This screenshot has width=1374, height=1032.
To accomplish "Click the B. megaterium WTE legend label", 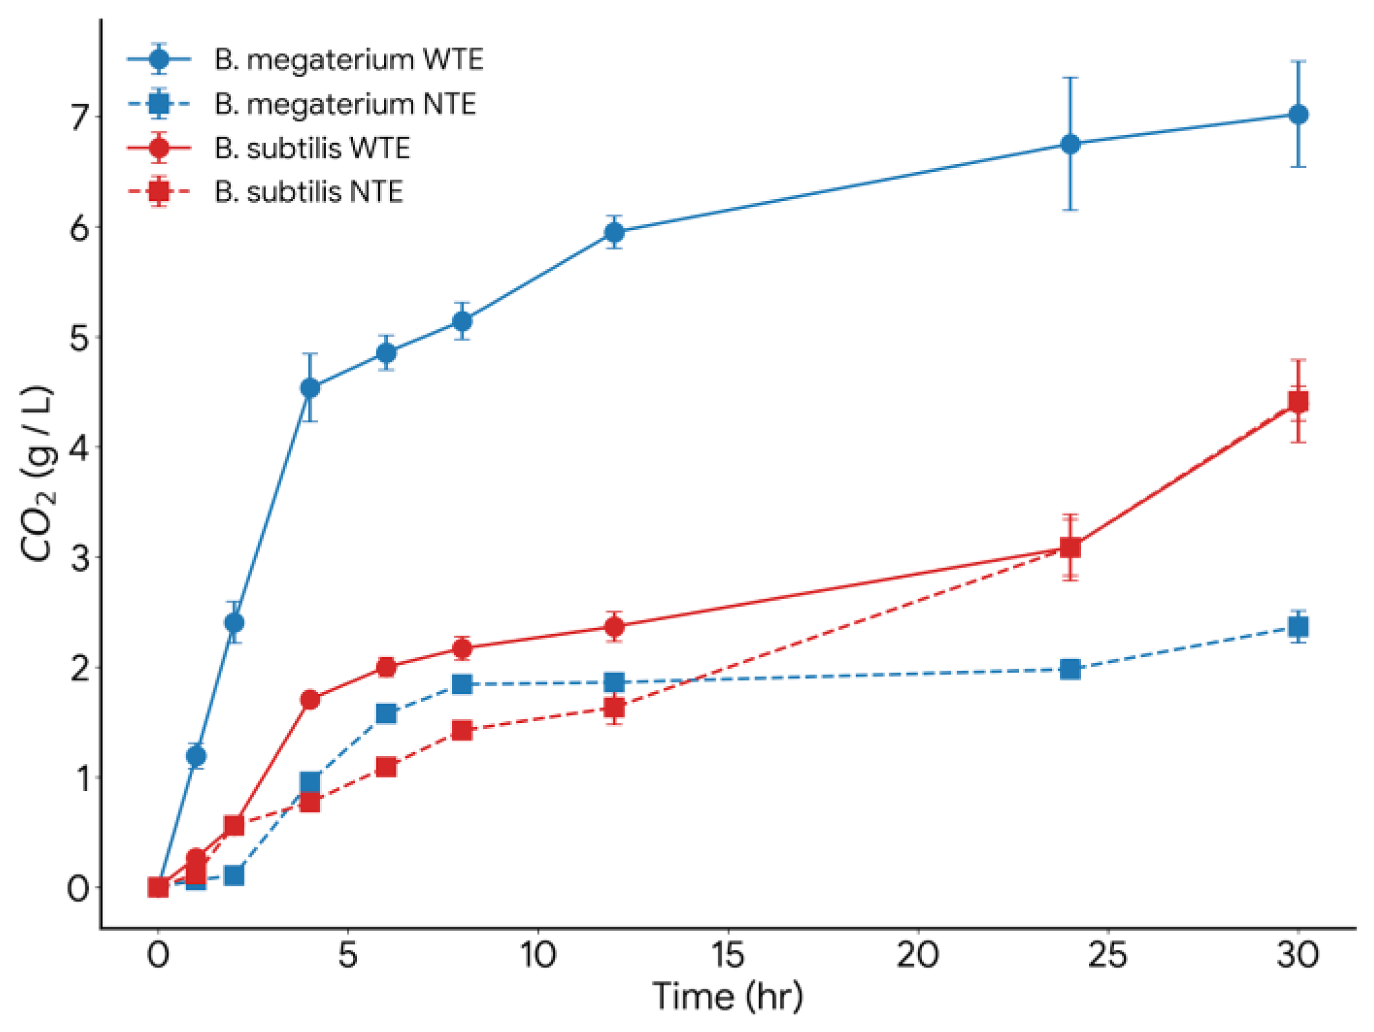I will pyautogui.click(x=349, y=59).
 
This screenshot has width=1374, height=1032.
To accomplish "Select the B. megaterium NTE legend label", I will pyautogui.click(x=345, y=104).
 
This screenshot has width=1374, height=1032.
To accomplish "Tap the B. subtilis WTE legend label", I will pyautogui.click(x=312, y=148).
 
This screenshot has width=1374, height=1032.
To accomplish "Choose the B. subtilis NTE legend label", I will pyautogui.click(x=309, y=192).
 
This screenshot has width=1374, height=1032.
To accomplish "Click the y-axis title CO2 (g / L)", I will pyautogui.click(x=38, y=475).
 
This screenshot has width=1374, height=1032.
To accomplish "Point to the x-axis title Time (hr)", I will pyautogui.click(x=727, y=996).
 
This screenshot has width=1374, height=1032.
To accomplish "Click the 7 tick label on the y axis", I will pyautogui.click(x=79, y=117).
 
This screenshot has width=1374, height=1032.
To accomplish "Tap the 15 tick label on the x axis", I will pyautogui.click(x=727, y=954).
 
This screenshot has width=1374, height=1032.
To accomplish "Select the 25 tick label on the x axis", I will pyautogui.click(x=1108, y=954).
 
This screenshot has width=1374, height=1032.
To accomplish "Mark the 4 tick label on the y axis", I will pyautogui.click(x=79, y=448).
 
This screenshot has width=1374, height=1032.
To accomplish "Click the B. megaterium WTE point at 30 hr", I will pyautogui.click(x=1298, y=115).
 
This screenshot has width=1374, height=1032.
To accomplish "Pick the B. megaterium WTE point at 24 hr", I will pyautogui.click(x=1070, y=144).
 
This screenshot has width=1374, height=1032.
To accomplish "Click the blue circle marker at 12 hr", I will pyautogui.click(x=614, y=232).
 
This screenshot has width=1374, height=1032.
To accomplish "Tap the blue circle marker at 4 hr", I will pyautogui.click(x=310, y=388).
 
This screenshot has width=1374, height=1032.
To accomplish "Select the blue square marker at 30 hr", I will pyautogui.click(x=1298, y=626).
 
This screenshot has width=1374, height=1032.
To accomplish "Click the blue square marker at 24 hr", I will pyautogui.click(x=1070, y=669).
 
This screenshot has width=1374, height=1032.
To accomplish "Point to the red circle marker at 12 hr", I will pyautogui.click(x=614, y=627).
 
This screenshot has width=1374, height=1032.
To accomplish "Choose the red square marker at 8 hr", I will pyautogui.click(x=462, y=730).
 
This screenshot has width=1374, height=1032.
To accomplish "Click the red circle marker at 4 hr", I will pyautogui.click(x=310, y=699).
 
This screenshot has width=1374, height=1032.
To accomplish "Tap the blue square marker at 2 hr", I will pyautogui.click(x=234, y=876).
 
